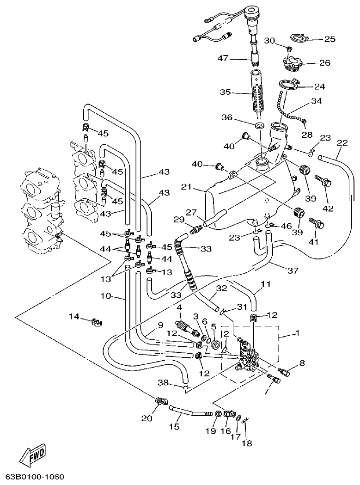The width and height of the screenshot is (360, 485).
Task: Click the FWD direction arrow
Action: [33, 455]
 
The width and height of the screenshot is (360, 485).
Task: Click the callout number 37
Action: [306, 270]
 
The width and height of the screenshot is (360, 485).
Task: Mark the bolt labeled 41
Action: [316, 224]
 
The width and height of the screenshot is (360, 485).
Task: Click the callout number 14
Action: [74, 316]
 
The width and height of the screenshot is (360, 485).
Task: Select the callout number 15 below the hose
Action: [174, 427]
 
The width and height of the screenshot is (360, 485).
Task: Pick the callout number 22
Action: [342, 143]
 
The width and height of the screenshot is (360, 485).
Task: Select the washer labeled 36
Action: [260, 126]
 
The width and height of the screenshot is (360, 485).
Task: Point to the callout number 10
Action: [106, 295]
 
